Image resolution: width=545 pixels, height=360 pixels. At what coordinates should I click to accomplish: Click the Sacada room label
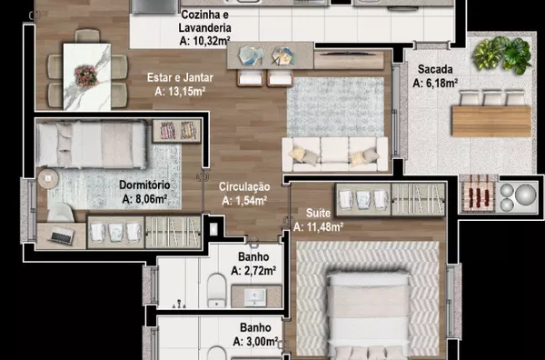435,69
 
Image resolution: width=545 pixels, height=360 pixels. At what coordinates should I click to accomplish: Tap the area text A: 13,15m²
180,92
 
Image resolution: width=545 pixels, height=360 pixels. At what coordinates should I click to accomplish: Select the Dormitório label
144,185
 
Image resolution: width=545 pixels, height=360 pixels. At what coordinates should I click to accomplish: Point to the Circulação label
244,186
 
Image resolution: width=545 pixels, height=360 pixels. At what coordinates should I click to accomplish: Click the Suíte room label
318,213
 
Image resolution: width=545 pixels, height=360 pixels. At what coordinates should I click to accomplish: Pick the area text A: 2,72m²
253,270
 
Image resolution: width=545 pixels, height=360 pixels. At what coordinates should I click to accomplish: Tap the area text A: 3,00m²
255,342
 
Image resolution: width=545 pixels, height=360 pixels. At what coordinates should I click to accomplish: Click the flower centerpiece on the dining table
86,75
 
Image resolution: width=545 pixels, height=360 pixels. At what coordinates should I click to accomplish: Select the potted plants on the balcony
502,55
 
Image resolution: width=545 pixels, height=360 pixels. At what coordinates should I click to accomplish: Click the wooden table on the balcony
491,121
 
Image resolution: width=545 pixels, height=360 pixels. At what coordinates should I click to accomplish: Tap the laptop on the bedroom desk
62,235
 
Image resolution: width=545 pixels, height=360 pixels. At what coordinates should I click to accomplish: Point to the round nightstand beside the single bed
48,179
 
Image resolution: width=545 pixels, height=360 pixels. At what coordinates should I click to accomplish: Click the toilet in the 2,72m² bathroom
217,290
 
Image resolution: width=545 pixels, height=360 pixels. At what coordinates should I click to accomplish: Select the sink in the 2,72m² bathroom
255,297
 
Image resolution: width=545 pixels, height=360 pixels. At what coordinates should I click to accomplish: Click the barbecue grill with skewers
478,197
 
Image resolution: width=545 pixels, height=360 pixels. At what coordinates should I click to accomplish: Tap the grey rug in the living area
335,106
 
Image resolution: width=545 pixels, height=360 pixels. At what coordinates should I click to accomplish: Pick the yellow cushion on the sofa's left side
297,154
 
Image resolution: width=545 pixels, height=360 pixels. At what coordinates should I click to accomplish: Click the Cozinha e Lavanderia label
204,21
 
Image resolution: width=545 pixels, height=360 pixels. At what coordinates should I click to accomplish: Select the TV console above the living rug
349,60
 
